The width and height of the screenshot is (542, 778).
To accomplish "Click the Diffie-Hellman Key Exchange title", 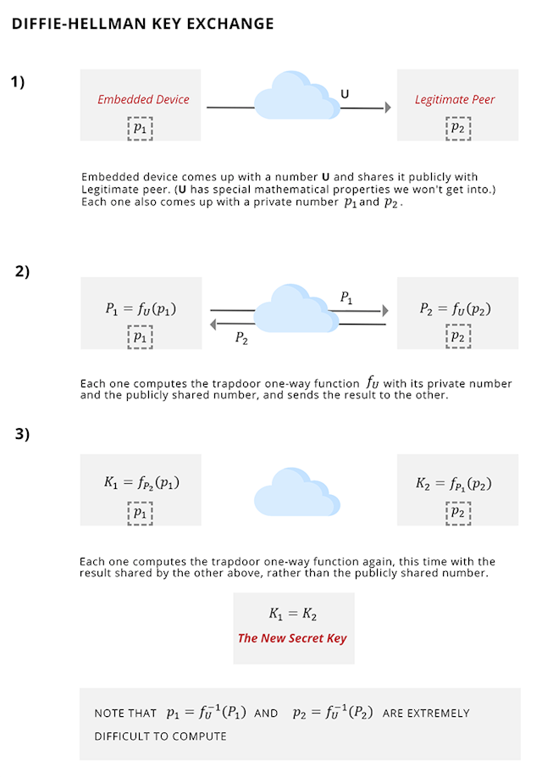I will tap(142, 24).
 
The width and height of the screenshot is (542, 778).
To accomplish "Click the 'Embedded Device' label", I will tap(143, 99).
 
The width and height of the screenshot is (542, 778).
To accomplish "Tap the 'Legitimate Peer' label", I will tap(455, 99).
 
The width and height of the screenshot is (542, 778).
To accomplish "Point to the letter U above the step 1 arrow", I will tap(344, 93).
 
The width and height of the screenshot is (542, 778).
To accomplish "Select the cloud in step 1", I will tap(296, 97).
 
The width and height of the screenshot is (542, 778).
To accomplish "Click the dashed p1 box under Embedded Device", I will tap(141, 127).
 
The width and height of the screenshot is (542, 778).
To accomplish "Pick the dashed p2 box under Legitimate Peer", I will tap(457, 127).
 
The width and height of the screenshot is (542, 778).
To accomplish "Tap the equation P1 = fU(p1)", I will tap(141, 309).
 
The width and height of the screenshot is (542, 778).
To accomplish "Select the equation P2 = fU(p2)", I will tap(455, 309).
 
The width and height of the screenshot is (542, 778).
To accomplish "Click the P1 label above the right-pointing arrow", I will tap(347, 297).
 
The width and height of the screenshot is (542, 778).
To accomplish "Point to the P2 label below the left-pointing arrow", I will tap(241, 337).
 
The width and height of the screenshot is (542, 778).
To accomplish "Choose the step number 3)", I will tap(22, 434).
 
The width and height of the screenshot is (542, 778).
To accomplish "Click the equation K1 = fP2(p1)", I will tap(141, 483).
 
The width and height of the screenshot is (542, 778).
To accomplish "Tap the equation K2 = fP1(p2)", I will tap(454, 484).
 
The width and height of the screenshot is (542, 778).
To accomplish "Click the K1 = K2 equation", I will tap(292, 614).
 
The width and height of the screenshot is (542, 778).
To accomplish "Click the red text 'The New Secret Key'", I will tap(292, 638).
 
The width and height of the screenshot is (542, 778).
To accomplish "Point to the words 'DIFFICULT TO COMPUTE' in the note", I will tap(161, 736).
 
